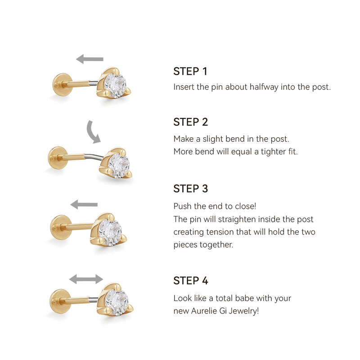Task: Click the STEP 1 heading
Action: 190,72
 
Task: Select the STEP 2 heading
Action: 190,122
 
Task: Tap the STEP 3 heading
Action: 190,189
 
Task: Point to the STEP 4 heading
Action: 190,281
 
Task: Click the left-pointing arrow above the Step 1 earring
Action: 90,59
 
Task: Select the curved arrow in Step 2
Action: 93,132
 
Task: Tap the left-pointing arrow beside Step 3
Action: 84,205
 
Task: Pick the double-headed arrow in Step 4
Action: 86,279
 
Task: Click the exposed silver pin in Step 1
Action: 93,83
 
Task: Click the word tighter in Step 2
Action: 269,152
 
